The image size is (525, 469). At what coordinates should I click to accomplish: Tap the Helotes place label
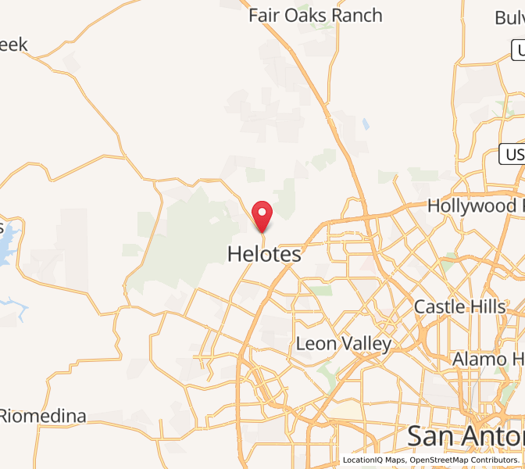coord(264,254)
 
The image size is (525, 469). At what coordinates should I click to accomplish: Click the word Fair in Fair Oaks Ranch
coord(263,16)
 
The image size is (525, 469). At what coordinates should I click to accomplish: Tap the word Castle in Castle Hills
coord(441,306)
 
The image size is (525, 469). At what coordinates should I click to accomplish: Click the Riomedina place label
coord(43,415)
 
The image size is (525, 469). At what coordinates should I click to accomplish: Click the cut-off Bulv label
coord(509,18)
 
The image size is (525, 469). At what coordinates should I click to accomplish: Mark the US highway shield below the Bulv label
coord(518,52)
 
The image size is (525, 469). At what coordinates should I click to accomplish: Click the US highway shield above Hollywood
coord(512,154)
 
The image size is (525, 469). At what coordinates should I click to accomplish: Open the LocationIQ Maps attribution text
coord(374,460)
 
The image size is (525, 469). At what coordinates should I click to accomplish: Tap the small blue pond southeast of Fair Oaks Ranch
coord(366,124)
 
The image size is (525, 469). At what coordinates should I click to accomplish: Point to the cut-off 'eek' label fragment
coord(13,45)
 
